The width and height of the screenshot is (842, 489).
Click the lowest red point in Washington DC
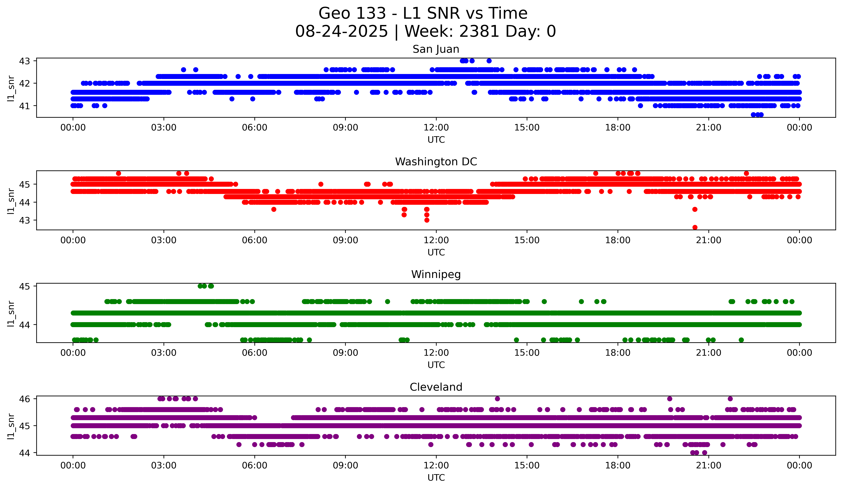[x=695, y=227]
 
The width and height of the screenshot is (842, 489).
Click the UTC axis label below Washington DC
[x=436, y=252]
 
